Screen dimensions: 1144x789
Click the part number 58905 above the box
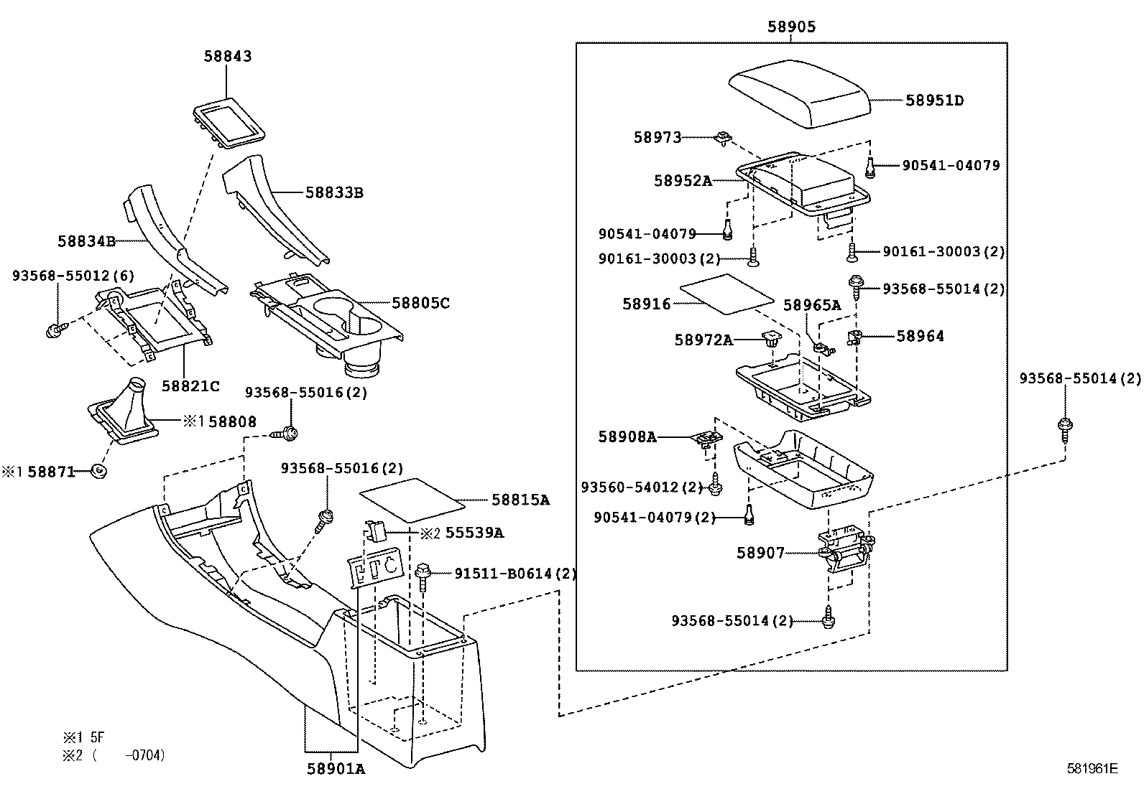coord(791,27)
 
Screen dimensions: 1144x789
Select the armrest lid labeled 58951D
coord(799,93)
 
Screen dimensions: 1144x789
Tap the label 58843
coord(228,56)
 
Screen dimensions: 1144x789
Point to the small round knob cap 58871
coord(98,472)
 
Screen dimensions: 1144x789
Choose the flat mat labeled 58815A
coord(412,500)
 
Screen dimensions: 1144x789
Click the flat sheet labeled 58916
coord(727,294)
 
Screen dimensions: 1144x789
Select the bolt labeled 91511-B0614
coord(423,576)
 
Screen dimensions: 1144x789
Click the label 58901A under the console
coord(336,769)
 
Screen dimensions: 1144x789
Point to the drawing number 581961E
coord(1092,769)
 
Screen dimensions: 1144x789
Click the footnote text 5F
coord(98,737)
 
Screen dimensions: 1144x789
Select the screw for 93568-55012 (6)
coord(56,330)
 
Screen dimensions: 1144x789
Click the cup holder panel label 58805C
coord(421,303)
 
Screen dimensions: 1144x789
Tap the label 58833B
coord(335,192)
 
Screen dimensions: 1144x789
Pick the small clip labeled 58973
coord(724,138)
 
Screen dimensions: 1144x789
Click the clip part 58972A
coord(770,338)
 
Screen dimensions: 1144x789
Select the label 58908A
coord(627,437)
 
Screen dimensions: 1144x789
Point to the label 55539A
coord(474,533)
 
